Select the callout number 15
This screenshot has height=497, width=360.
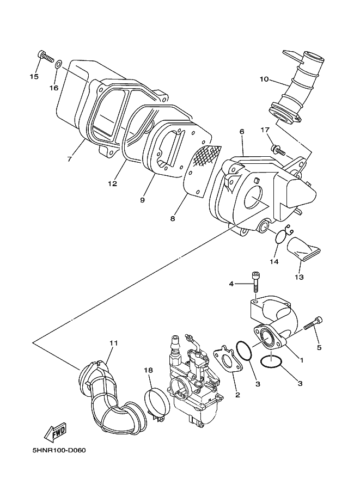tap(34, 76)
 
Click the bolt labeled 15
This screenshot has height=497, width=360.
tap(46, 57)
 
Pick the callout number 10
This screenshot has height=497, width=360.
tap(264, 79)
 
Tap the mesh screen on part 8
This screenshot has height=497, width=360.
tap(206, 156)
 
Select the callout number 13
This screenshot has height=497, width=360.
tap(299, 277)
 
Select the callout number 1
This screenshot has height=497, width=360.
tap(302, 360)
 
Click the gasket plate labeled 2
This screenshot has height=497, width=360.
tap(228, 359)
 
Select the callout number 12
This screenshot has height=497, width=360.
tap(113, 183)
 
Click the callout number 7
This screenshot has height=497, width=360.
tap(70, 158)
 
